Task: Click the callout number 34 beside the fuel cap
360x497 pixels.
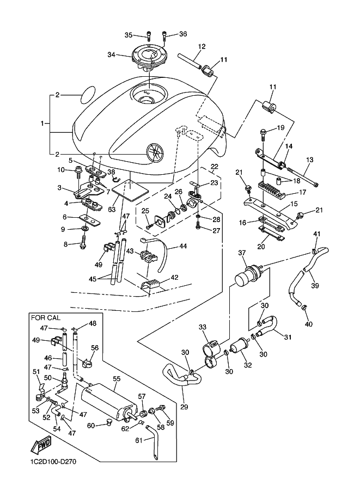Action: [111, 55]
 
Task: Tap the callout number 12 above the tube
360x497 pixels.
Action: [202, 47]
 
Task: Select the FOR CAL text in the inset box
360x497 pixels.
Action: [47, 318]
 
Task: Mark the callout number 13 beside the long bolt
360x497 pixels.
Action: [310, 160]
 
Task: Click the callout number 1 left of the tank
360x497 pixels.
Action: [43, 124]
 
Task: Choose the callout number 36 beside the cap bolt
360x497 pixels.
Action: [182, 34]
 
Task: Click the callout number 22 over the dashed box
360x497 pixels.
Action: [214, 167]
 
